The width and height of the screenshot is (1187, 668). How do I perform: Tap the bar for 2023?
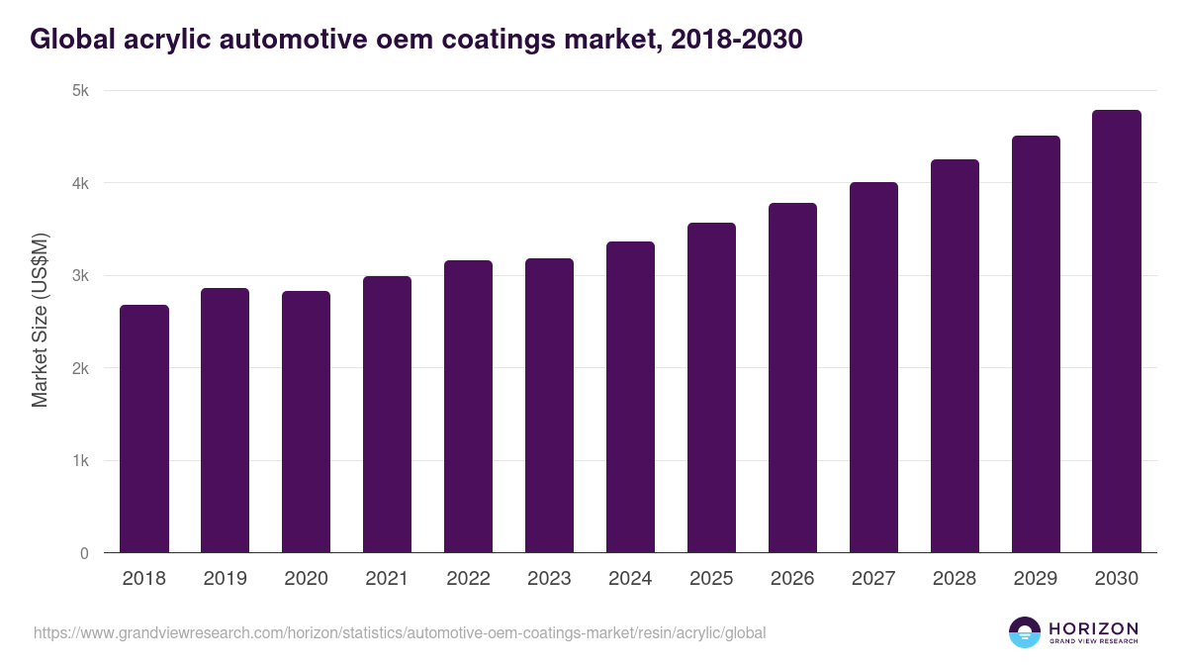550,406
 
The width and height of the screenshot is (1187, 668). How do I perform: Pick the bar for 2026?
793,378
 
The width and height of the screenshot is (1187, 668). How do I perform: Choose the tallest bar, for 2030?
1117,332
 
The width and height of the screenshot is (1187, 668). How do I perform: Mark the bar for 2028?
956,356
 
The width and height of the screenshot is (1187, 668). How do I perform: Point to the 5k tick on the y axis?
80,91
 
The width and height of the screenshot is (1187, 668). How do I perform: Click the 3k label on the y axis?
80,276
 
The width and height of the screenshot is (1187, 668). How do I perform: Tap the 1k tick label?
80,461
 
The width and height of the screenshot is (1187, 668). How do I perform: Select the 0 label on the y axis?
85,553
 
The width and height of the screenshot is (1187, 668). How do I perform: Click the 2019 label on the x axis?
226,579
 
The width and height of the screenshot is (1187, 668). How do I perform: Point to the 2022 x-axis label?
469,579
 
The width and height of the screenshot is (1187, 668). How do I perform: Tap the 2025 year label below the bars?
712,579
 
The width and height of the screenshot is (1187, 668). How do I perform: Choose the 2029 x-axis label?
1036,579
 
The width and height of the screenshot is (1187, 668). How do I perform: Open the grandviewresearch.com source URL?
400,632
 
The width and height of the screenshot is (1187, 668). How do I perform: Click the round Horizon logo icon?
1024,632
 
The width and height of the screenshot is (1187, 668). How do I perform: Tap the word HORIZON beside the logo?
1093,627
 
